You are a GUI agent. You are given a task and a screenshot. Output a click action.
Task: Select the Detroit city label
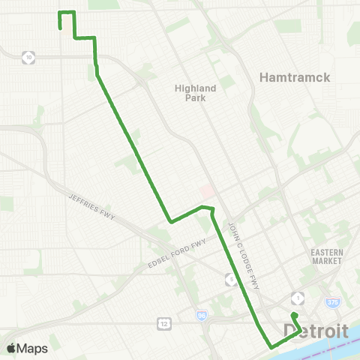tap(316, 331)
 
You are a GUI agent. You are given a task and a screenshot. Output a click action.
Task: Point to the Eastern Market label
tap(327, 256)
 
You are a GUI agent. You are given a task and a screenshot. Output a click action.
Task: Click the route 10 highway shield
tap(28, 56)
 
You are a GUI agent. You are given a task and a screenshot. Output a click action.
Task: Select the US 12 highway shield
tap(163, 322)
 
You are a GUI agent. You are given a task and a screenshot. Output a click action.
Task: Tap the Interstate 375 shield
tap(332, 301)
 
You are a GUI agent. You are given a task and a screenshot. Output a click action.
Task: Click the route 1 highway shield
tap(298, 298)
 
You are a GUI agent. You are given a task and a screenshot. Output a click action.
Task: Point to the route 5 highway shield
tap(232, 280)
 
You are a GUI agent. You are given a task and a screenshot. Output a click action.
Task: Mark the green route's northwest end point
tap(60, 28)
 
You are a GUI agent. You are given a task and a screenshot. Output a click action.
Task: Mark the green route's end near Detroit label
tap(295, 315)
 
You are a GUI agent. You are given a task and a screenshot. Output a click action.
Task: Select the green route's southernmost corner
tap(271, 346)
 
